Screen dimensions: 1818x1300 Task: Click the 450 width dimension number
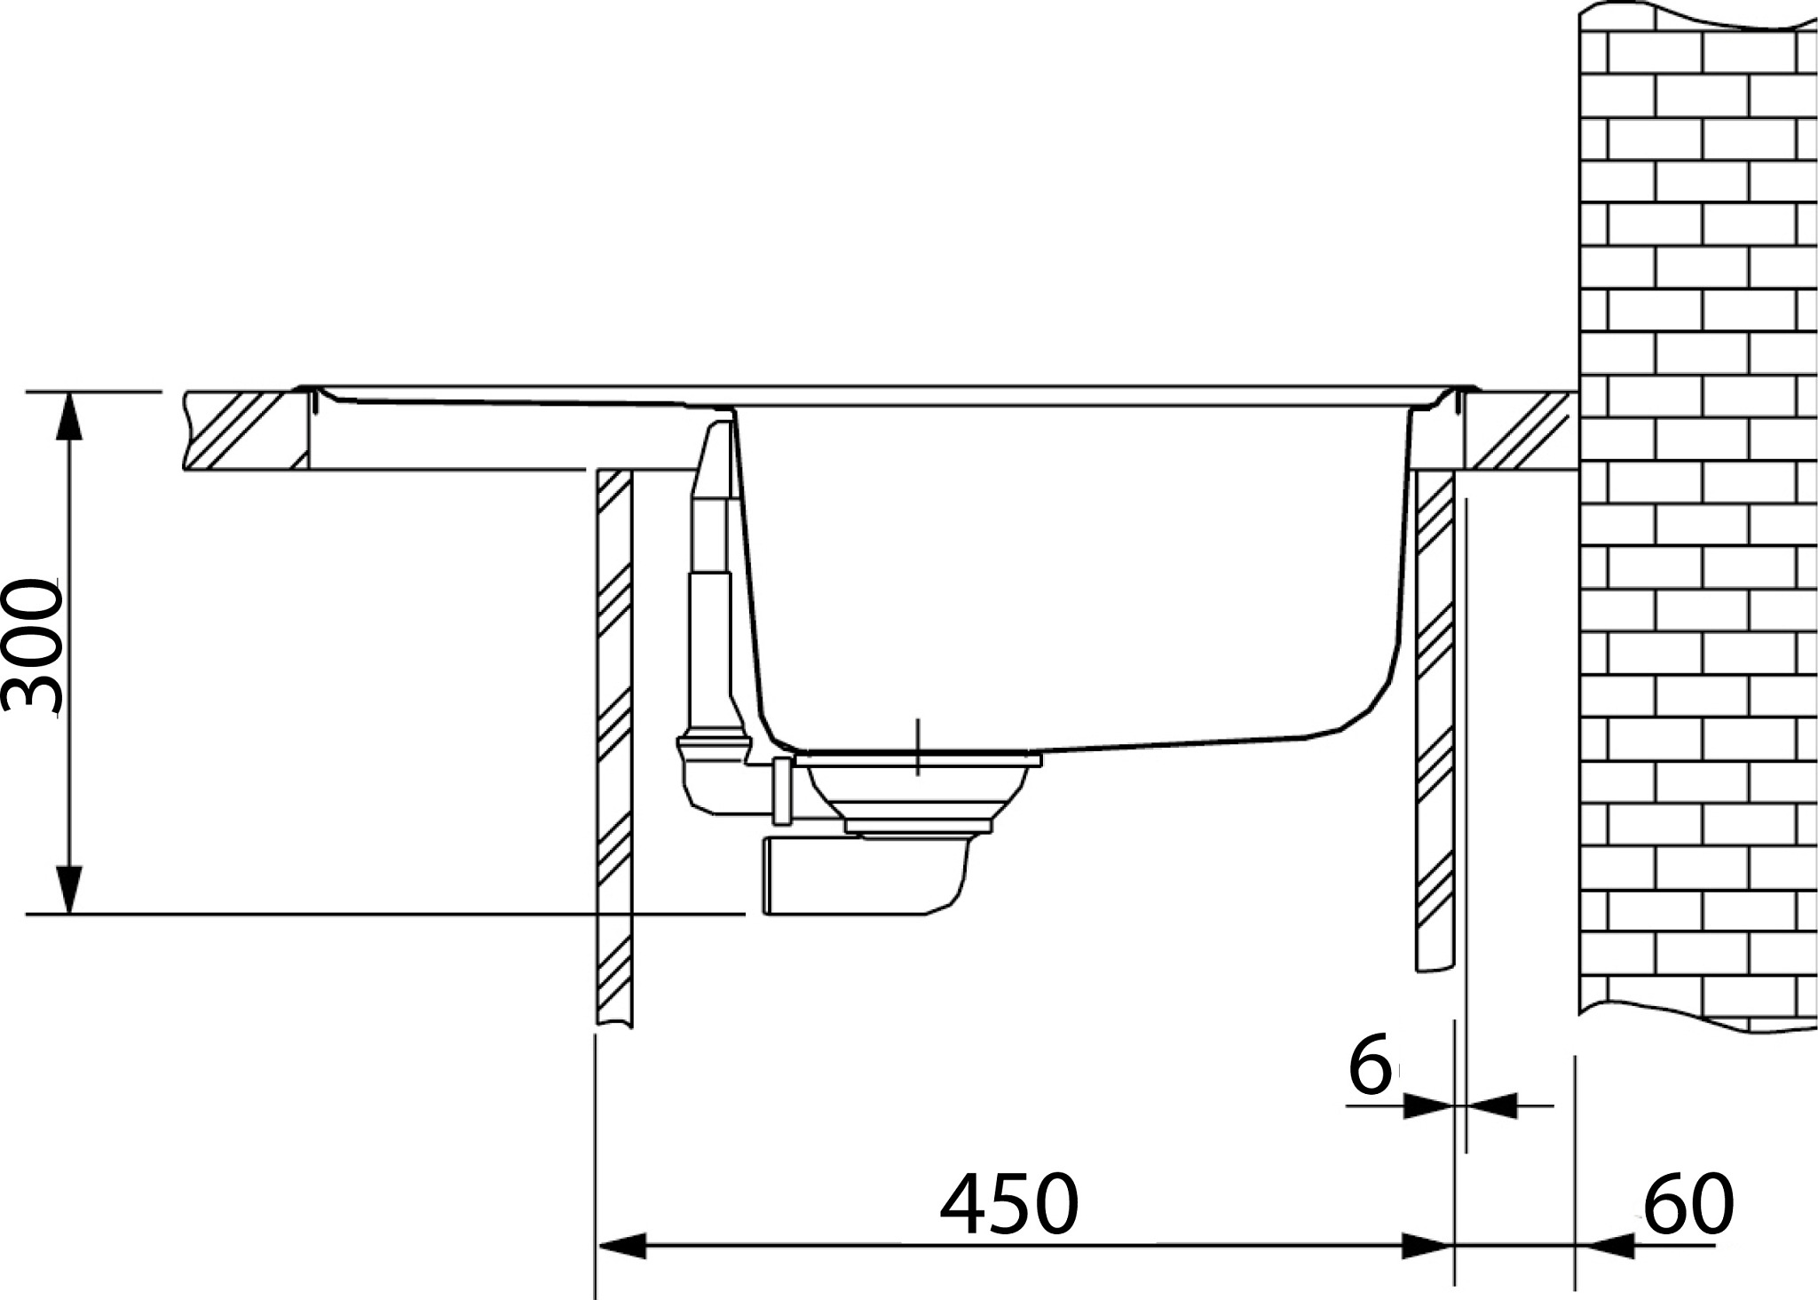(1009, 1205)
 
